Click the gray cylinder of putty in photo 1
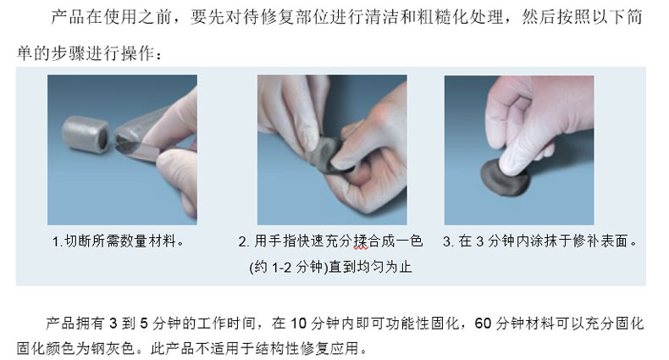[x=86, y=134]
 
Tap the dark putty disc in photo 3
[x=506, y=177]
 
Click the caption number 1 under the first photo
[x=56, y=242]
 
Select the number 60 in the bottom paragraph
[x=483, y=324]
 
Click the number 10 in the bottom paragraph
[x=299, y=324]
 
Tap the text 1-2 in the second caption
[x=282, y=268]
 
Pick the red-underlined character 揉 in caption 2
[x=361, y=241]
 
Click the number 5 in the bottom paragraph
[x=144, y=324]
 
